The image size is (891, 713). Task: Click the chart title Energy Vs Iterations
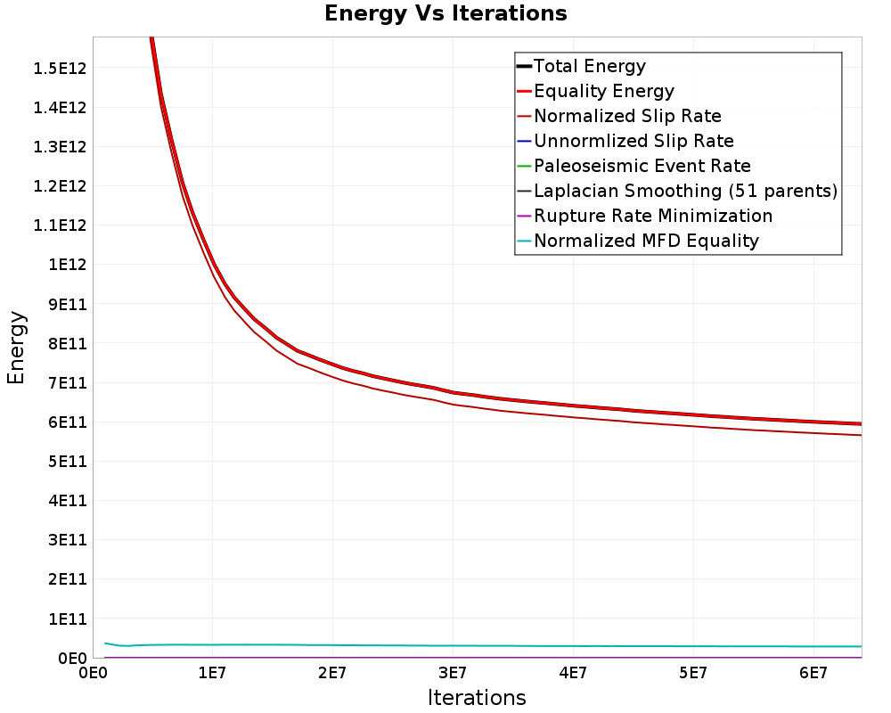(445, 13)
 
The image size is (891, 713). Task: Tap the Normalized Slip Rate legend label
(628, 116)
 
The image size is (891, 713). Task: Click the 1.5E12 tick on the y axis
(60, 69)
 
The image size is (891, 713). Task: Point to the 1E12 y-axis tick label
(68, 265)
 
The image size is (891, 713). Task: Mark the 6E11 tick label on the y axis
(68, 422)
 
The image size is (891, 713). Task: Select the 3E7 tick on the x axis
(453, 673)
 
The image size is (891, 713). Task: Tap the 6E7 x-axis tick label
(813, 673)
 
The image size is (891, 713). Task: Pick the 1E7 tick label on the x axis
(213, 673)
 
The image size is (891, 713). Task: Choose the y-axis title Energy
(16, 348)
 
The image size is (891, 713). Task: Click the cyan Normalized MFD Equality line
(483, 645)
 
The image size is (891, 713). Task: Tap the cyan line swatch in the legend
(524, 241)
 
